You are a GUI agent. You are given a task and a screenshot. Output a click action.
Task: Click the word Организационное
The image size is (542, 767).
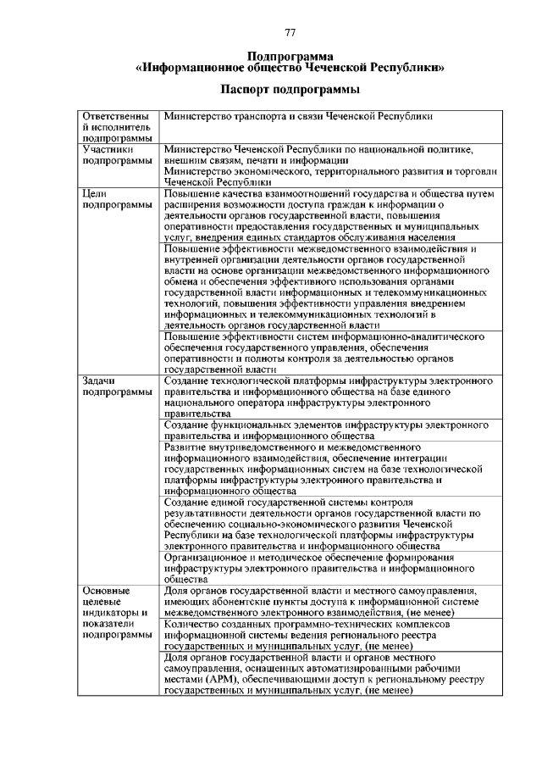213,559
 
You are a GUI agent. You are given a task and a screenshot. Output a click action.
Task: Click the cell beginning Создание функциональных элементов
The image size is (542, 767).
329,430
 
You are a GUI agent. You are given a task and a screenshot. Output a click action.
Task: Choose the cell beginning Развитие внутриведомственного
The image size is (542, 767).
329,468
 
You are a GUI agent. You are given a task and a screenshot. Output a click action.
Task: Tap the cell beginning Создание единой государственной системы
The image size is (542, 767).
329,524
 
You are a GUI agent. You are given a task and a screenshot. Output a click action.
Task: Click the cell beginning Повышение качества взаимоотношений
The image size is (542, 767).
329,215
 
